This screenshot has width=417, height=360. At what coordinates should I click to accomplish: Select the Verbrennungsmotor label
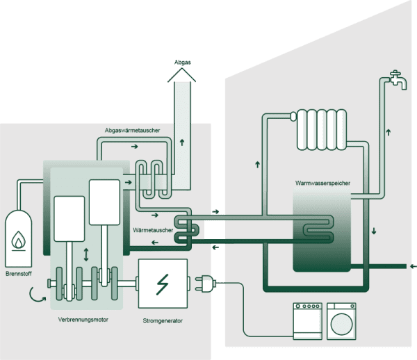tap(87, 321)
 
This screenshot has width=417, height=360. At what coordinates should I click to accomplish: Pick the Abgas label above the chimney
tap(183, 62)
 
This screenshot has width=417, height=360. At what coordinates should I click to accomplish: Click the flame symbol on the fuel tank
tap(19, 240)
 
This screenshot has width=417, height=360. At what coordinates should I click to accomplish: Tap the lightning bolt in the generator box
tap(163, 284)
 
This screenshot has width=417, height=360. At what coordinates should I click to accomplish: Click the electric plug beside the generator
tap(206, 284)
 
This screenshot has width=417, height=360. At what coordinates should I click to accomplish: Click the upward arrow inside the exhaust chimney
tap(182, 142)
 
